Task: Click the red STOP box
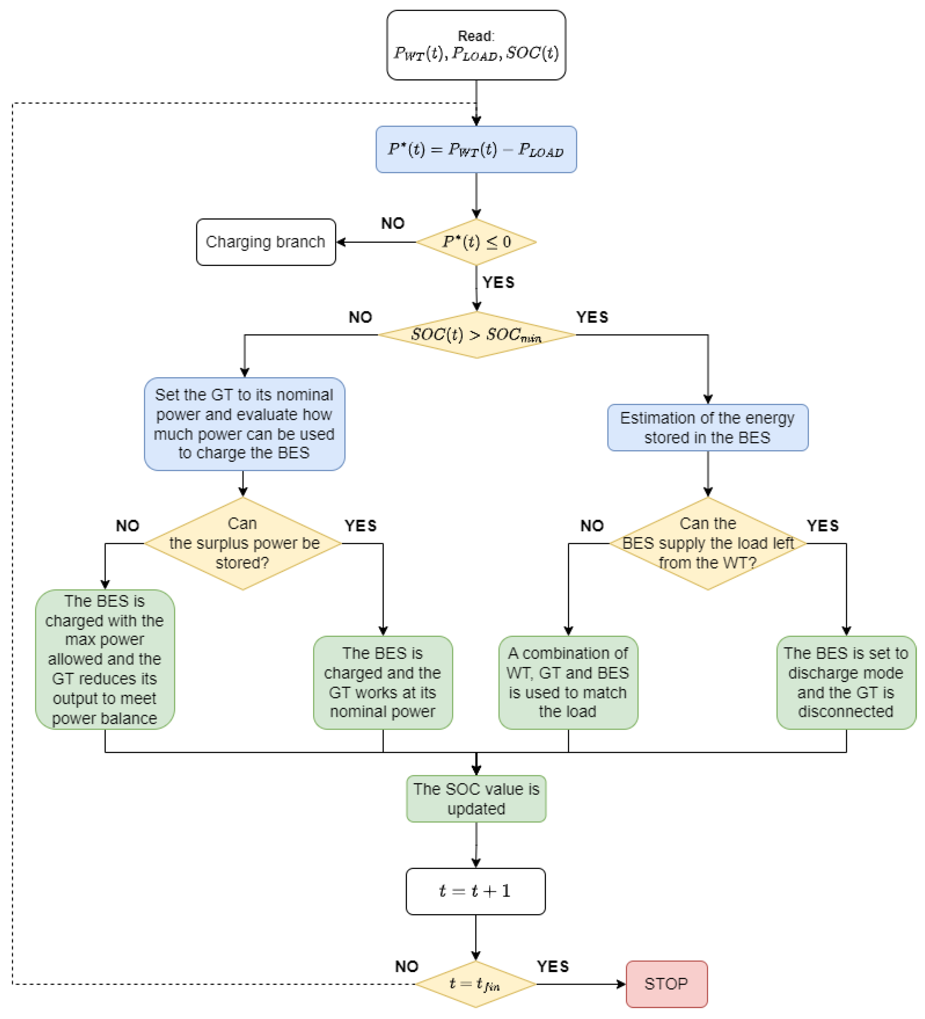click(x=666, y=984)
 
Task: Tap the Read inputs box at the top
click(x=476, y=45)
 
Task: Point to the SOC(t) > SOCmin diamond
click(x=476, y=335)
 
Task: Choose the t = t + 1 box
click(x=475, y=891)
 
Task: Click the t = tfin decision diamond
click(x=475, y=984)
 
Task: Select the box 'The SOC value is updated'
click(x=476, y=799)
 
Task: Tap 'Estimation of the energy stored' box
click(x=707, y=428)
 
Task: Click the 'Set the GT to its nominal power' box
click(x=244, y=423)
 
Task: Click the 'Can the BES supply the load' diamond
click(x=707, y=543)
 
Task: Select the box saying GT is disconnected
click(x=846, y=682)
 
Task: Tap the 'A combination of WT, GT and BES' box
click(x=568, y=682)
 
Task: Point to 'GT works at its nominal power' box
click(x=382, y=682)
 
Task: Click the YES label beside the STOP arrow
click(x=553, y=967)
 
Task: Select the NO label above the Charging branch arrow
click(x=393, y=223)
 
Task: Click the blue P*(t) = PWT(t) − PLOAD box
click(x=476, y=150)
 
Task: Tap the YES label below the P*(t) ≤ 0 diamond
click(x=498, y=282)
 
